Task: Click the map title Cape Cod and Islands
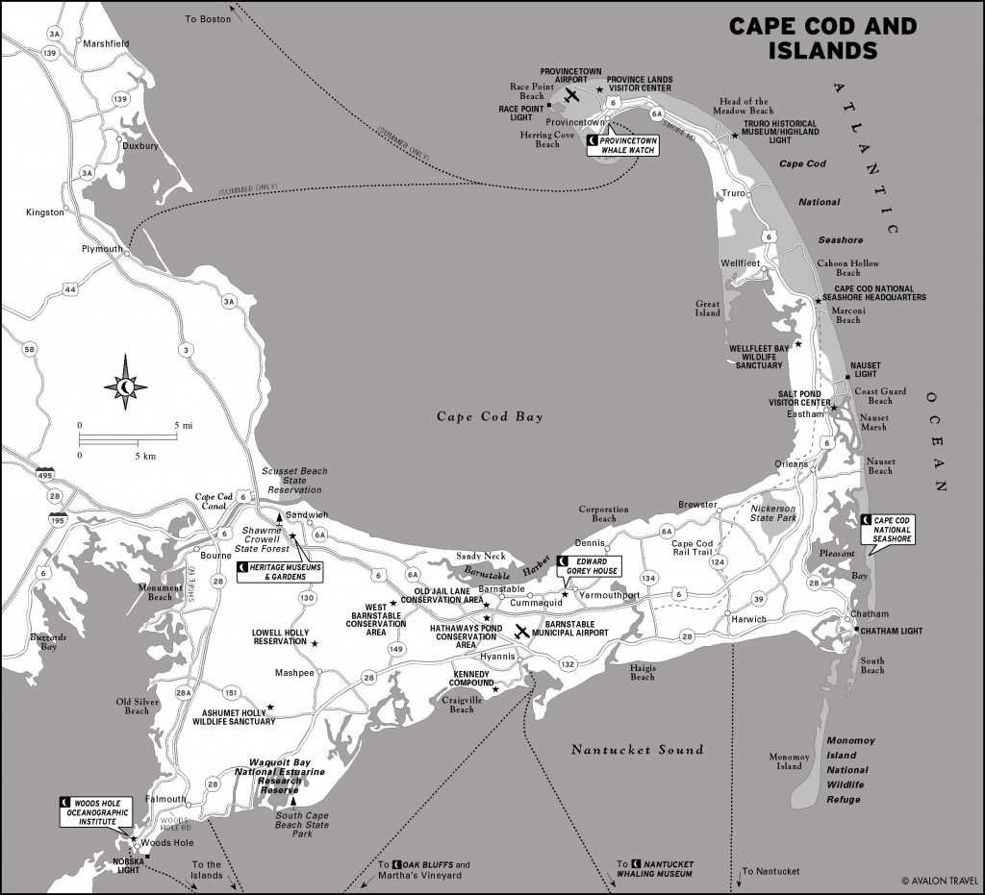point(821,38)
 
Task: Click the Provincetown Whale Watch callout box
point(625,144)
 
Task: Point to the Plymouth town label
point(102,249)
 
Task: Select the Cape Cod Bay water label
point(490,417)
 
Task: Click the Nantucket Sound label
point(637,750)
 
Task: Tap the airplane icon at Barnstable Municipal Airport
point(521,632)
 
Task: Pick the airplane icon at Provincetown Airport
point(572,96)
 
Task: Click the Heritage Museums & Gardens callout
point(278,572)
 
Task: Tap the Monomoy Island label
point(789,761)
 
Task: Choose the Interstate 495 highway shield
point(45,476)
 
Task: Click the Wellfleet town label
point(740,262)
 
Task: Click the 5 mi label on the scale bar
point(184,425)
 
